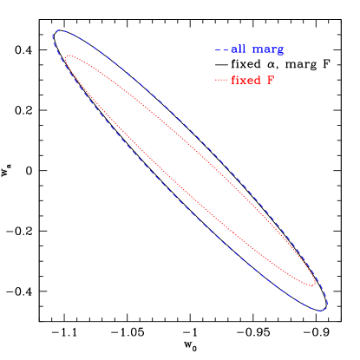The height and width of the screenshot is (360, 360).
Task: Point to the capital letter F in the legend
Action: pyautogui.click(x=270, y=81)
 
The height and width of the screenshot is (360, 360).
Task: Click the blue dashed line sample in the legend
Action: pyautogui.click(x=221, y=50)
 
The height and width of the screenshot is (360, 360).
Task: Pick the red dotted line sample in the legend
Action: pyautogui.click(x=221, y=81)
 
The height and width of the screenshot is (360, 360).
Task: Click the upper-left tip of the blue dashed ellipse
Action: pyautogui.click(x=55, y=35)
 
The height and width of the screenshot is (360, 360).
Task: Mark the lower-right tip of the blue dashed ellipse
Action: pyautogui.click(x=325, y=307)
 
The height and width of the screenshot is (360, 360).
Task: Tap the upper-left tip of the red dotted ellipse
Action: pyautogui.click(x=67, y=58)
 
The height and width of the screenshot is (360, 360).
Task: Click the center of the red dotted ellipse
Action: pyautogui.click(x=190, y=171)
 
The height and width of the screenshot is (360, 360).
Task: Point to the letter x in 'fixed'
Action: pyautogui.click(x=244, y=81)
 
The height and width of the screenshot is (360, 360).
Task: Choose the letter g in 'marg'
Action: pyautogui.click(x=279, y=51)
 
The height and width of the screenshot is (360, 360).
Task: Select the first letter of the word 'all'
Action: pyautogui.click(x=233, y=50)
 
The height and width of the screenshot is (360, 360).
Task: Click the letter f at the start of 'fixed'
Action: pyautogui.click(x=233, y=81)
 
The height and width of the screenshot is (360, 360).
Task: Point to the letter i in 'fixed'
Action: pyautogui.click(x=239, y=81)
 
